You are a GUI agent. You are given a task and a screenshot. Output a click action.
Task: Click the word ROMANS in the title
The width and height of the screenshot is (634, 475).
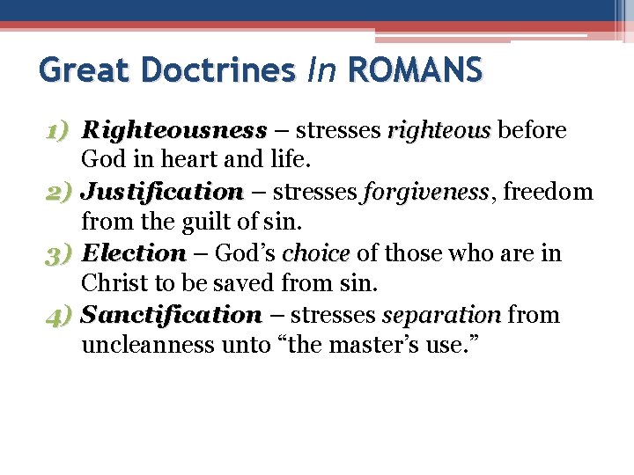(417, 69)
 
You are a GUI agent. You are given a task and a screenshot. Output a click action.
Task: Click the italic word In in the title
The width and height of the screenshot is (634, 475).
(322, 69)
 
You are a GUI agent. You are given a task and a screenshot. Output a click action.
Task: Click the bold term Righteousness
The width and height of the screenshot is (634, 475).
(173, 131)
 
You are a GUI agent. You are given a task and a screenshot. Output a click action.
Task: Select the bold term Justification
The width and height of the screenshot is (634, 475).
(162, 192)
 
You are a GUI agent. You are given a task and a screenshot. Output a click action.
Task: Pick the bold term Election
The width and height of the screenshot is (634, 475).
(134, 253)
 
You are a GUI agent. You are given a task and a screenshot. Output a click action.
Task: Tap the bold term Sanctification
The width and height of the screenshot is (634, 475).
(172, 315)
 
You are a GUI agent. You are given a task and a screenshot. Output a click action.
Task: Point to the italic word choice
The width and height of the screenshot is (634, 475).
(316, 253)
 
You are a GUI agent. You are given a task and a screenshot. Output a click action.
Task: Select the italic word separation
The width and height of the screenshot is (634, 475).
(441, 315)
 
